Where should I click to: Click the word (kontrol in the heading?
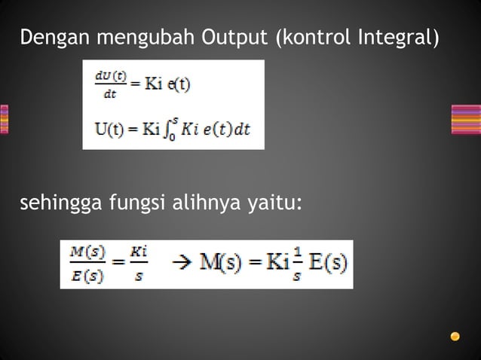coord(314,37)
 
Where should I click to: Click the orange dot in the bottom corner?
coord(455,336)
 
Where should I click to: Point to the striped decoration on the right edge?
coord(466,120)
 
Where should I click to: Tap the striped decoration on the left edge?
coord(4,120)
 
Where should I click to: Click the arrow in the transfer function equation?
coord(181,264)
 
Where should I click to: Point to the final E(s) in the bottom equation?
coord(327,264)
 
